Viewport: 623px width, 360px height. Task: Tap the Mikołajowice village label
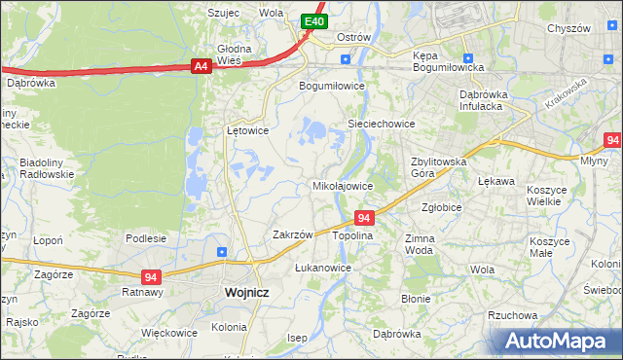(x=342, y=185)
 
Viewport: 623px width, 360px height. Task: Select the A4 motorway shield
(x=201, y=66)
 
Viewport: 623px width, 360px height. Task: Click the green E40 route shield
(x=312, y=20)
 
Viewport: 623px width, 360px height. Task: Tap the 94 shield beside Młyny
(x=611, y=141)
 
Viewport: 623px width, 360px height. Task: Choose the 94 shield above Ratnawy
(x=150, y=276)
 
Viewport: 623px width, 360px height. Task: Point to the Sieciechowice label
(x=382, y=124)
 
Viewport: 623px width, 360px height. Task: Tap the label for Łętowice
(x=247, y=129)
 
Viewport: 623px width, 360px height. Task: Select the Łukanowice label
(x=322, y=267)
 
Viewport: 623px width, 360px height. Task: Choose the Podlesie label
(x=145, y=237)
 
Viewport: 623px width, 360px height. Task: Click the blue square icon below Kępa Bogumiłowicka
(x=468, y=57)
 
